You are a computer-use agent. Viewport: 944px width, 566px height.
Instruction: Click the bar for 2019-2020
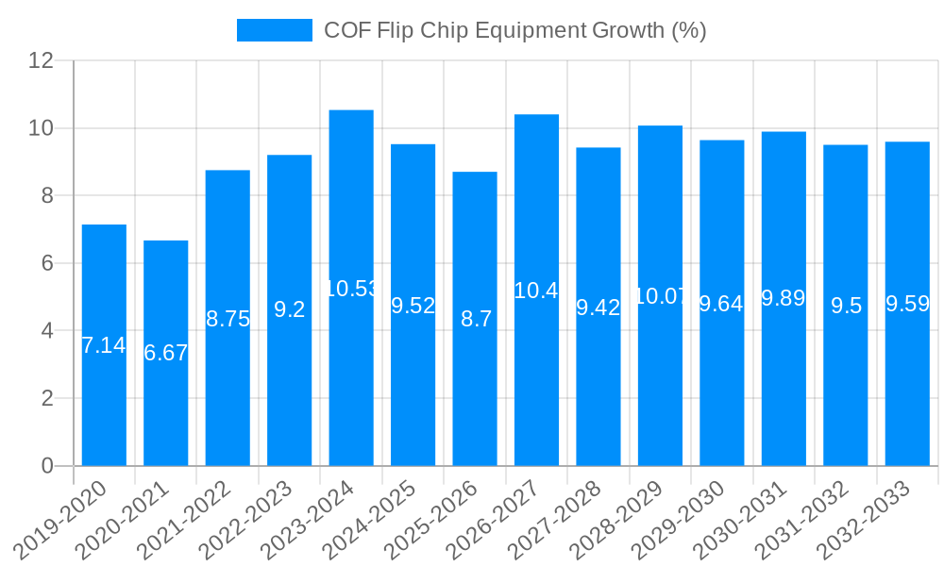coord(104,345)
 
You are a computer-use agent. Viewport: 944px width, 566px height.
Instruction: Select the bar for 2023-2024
coord(351,288)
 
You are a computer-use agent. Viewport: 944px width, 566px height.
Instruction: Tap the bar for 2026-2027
coord(536,290)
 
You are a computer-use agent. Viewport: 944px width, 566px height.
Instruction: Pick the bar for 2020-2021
coord(166,353)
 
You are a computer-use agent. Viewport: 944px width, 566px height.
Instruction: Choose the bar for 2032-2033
coord(907,304)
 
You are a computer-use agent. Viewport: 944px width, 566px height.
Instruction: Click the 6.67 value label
coord(166,354)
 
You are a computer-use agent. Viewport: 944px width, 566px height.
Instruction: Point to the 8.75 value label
coord(228,319)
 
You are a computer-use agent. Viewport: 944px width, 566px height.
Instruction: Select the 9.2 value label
coord(290,309)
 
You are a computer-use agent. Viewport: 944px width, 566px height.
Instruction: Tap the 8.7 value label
coord(475,319)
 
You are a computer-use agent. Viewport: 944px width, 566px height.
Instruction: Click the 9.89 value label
coord(784,299)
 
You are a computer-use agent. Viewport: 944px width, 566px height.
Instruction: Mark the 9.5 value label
coord(846,306)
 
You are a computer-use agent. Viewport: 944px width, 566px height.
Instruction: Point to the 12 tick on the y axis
coord(42,60)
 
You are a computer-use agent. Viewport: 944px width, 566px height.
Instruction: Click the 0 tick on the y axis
coord(48,466)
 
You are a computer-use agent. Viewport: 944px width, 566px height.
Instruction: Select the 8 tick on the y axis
coord(48,195)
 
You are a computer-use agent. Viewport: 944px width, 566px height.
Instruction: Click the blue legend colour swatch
coord(274,30)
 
